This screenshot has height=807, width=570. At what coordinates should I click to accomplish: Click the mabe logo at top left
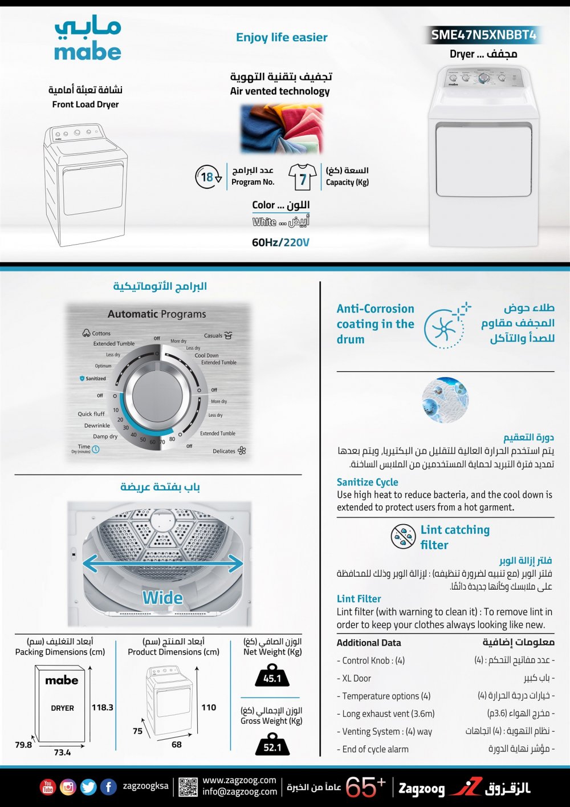point(88,40)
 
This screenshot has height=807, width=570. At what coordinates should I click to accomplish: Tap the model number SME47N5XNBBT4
point(483,35)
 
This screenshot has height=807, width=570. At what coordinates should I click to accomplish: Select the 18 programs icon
point(208,177)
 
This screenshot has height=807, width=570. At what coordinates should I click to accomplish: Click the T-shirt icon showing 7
point(302,177)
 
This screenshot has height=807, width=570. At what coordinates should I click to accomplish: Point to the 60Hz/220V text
point(280,242)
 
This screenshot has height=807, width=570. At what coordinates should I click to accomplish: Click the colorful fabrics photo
point(282,129)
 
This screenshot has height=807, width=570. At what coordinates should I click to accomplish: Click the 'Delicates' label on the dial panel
point(224,451)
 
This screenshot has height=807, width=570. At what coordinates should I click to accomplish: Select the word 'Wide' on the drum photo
point(162,598)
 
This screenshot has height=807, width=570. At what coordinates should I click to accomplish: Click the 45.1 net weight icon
point(272,677)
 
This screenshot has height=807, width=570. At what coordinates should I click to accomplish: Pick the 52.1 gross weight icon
point(272,746)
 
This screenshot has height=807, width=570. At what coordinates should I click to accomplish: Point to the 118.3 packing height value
point(103,707)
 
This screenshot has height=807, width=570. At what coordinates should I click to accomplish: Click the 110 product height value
point(209,707)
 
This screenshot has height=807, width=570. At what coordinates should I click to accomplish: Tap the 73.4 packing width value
point(62,752)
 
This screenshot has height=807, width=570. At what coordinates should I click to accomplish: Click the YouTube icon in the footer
point(48,787)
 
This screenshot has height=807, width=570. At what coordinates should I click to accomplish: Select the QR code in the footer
point(188,787)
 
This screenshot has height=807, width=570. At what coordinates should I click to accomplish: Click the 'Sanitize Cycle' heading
point(367,482)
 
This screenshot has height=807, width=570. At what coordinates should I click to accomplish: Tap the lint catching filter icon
point(403,537)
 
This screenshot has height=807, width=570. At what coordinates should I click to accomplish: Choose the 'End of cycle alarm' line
point(375,749)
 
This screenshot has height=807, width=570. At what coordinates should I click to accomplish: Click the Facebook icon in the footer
point(108,787)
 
